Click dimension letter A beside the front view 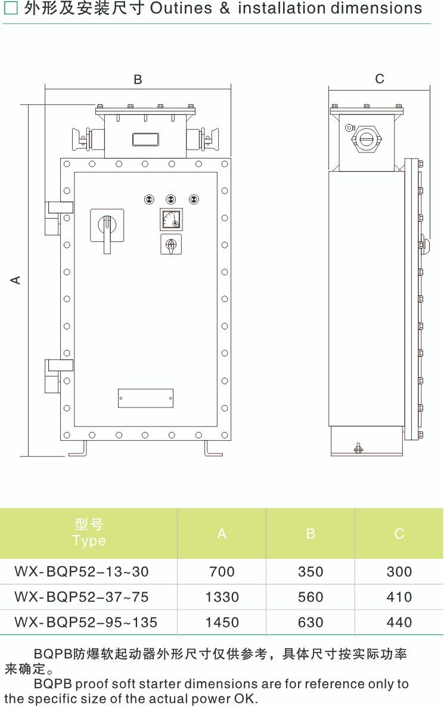point(15,280)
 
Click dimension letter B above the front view point(138,80)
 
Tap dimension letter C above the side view point(380,79)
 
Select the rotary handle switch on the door point(107,229)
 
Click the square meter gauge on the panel point(172,219)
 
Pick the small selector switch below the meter point(171,244)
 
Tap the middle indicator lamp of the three point(171,199)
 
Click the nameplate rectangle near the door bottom point(145,399)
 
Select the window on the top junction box point(145,139)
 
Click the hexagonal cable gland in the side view point(366,139)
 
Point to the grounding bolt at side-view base point(358,448)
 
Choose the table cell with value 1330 point(222,597)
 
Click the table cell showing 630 point(311,622)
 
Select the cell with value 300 point(399,572)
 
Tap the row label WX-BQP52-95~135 point(86,622)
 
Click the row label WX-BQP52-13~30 point(82,572)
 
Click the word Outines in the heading point(181,8)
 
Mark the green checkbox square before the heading point(10,8)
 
